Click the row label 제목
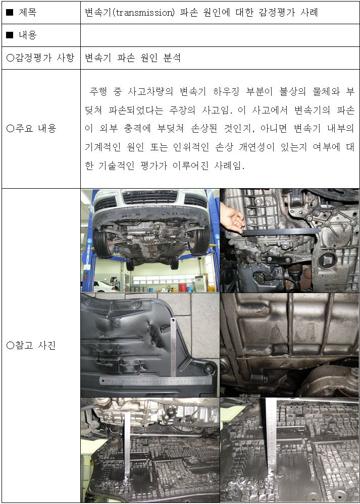coord(27,13)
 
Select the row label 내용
coord(27,35)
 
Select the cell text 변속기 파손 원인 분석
coord(133,58)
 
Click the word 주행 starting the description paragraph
coord(98,92)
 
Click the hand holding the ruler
coord(232,219)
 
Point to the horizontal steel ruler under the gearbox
coord(280,232)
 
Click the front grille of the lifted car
coord(150,197)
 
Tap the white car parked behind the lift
coord(104,286)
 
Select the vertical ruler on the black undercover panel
coord(173,347)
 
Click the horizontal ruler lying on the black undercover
coord(156,381)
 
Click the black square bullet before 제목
coord(10,13)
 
